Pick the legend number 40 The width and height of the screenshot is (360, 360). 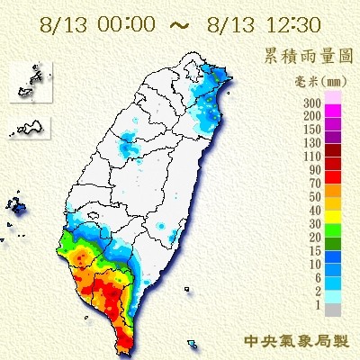pos(314,211)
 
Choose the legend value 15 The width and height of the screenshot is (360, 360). pos(314,252)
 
